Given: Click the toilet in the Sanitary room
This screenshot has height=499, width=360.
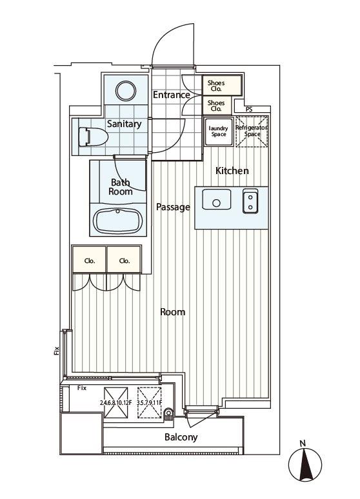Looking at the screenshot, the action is coord(93,137).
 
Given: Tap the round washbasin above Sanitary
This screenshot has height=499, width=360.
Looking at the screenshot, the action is coord(126,91).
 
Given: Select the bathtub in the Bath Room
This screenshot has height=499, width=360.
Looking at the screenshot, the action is coord(118,221).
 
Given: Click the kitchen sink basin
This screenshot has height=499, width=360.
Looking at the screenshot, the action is coord(217,200).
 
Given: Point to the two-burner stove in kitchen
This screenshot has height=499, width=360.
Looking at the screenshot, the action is coord(250,201).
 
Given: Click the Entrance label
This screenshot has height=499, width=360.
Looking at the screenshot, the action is coord(172,95).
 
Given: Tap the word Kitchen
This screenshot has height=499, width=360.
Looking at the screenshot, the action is coord(232,171).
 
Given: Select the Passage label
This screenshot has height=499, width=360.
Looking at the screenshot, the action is coord(173,207).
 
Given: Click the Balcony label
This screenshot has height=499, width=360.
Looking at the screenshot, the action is coord(181,437).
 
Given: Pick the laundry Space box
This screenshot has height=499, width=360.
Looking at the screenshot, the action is coord(219,132).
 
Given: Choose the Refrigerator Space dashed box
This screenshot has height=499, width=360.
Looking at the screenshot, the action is coord(252,132).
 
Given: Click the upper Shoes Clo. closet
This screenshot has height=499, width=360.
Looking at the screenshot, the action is coord(222,85).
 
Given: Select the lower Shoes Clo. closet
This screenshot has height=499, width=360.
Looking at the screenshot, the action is coord(217,106).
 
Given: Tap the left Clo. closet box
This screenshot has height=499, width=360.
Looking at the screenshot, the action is coord(90,259).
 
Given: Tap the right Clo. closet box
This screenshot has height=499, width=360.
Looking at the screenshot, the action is coord(124,259).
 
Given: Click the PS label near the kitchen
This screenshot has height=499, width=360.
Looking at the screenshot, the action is coord(249,110).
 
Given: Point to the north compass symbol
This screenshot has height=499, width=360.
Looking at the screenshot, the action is coord(305,465).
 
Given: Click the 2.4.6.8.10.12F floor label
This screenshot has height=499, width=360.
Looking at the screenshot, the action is coord(115,402).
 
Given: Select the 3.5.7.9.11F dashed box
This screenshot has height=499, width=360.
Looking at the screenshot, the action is coord(150,402).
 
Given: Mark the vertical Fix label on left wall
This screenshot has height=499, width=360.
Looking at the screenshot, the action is coord(57,350).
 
